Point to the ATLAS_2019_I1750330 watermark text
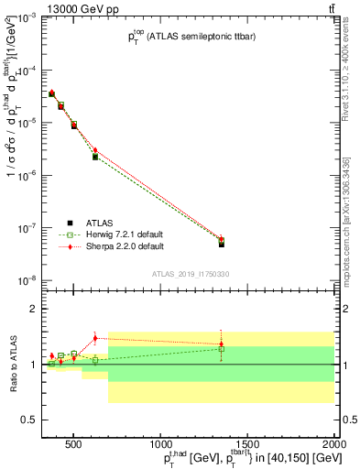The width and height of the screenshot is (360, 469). point(191,274)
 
